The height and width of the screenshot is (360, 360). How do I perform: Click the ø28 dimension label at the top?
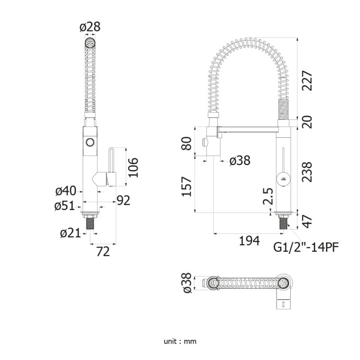pyautogui.click(x=90, y=27)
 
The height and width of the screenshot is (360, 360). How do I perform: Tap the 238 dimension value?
pyautogui.click(x=307, y=171)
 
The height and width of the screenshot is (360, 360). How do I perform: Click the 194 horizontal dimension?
pyautogui.click(x=249, y=240)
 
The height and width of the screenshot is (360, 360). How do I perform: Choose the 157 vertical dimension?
pyautogui.click(x=187, y=186)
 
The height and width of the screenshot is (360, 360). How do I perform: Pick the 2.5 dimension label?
pyautogui.click(x=268, y=197)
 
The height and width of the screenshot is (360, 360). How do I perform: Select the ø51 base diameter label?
pyautogui.click(x=66, y=205)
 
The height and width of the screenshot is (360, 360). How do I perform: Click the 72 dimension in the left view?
pyautogui.click(x=102, y=252)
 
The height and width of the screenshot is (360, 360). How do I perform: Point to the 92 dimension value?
pyautogui.click(x=123, y=201)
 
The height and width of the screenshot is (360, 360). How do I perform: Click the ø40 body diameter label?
pyautogui.click(x=66, y=191)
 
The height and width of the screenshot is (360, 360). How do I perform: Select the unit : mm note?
pyautogui.click(x=180, y=341)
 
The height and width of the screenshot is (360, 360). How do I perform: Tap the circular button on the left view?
pyautogui.click(x=90, y=142)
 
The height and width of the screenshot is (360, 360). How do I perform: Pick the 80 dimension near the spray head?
pyautogui.click(x=187, y=143)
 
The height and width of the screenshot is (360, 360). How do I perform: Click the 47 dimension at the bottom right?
pyautogui.click(x=307, y=221)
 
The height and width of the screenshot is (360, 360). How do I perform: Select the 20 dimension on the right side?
pyautogui.click(x=307, y=123)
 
